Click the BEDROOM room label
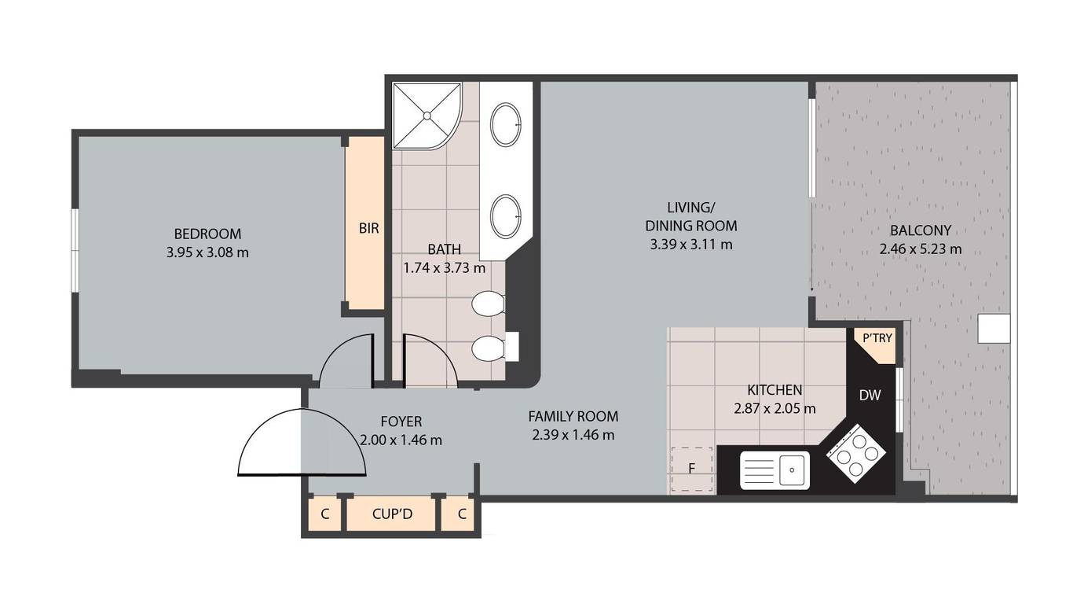(x=207, y=234)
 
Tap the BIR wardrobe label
(x=369, y=228)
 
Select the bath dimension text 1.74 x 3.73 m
(x=444, y=267)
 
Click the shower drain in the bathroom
(x=427, y=116)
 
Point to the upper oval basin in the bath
(x=505, y=124)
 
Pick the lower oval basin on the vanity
(x=505, y=216)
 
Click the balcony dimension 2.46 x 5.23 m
(x=920, y=249)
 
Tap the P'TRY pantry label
(x=877, y=338)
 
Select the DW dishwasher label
(x=870, y=396)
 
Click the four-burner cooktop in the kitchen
(x=856, y=453)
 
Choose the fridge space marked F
(x=692, y=469)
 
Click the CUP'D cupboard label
(x=392, y=514)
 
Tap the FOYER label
(x=401, y=422)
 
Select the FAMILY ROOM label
(x=573, y=416)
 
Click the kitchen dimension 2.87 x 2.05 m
(x=775, y=408)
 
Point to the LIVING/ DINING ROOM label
(x=691, y=216)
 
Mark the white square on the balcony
(x=994, y=329)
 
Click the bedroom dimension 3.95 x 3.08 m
(x=207, y=252)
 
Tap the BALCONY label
(x=920, y=230)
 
